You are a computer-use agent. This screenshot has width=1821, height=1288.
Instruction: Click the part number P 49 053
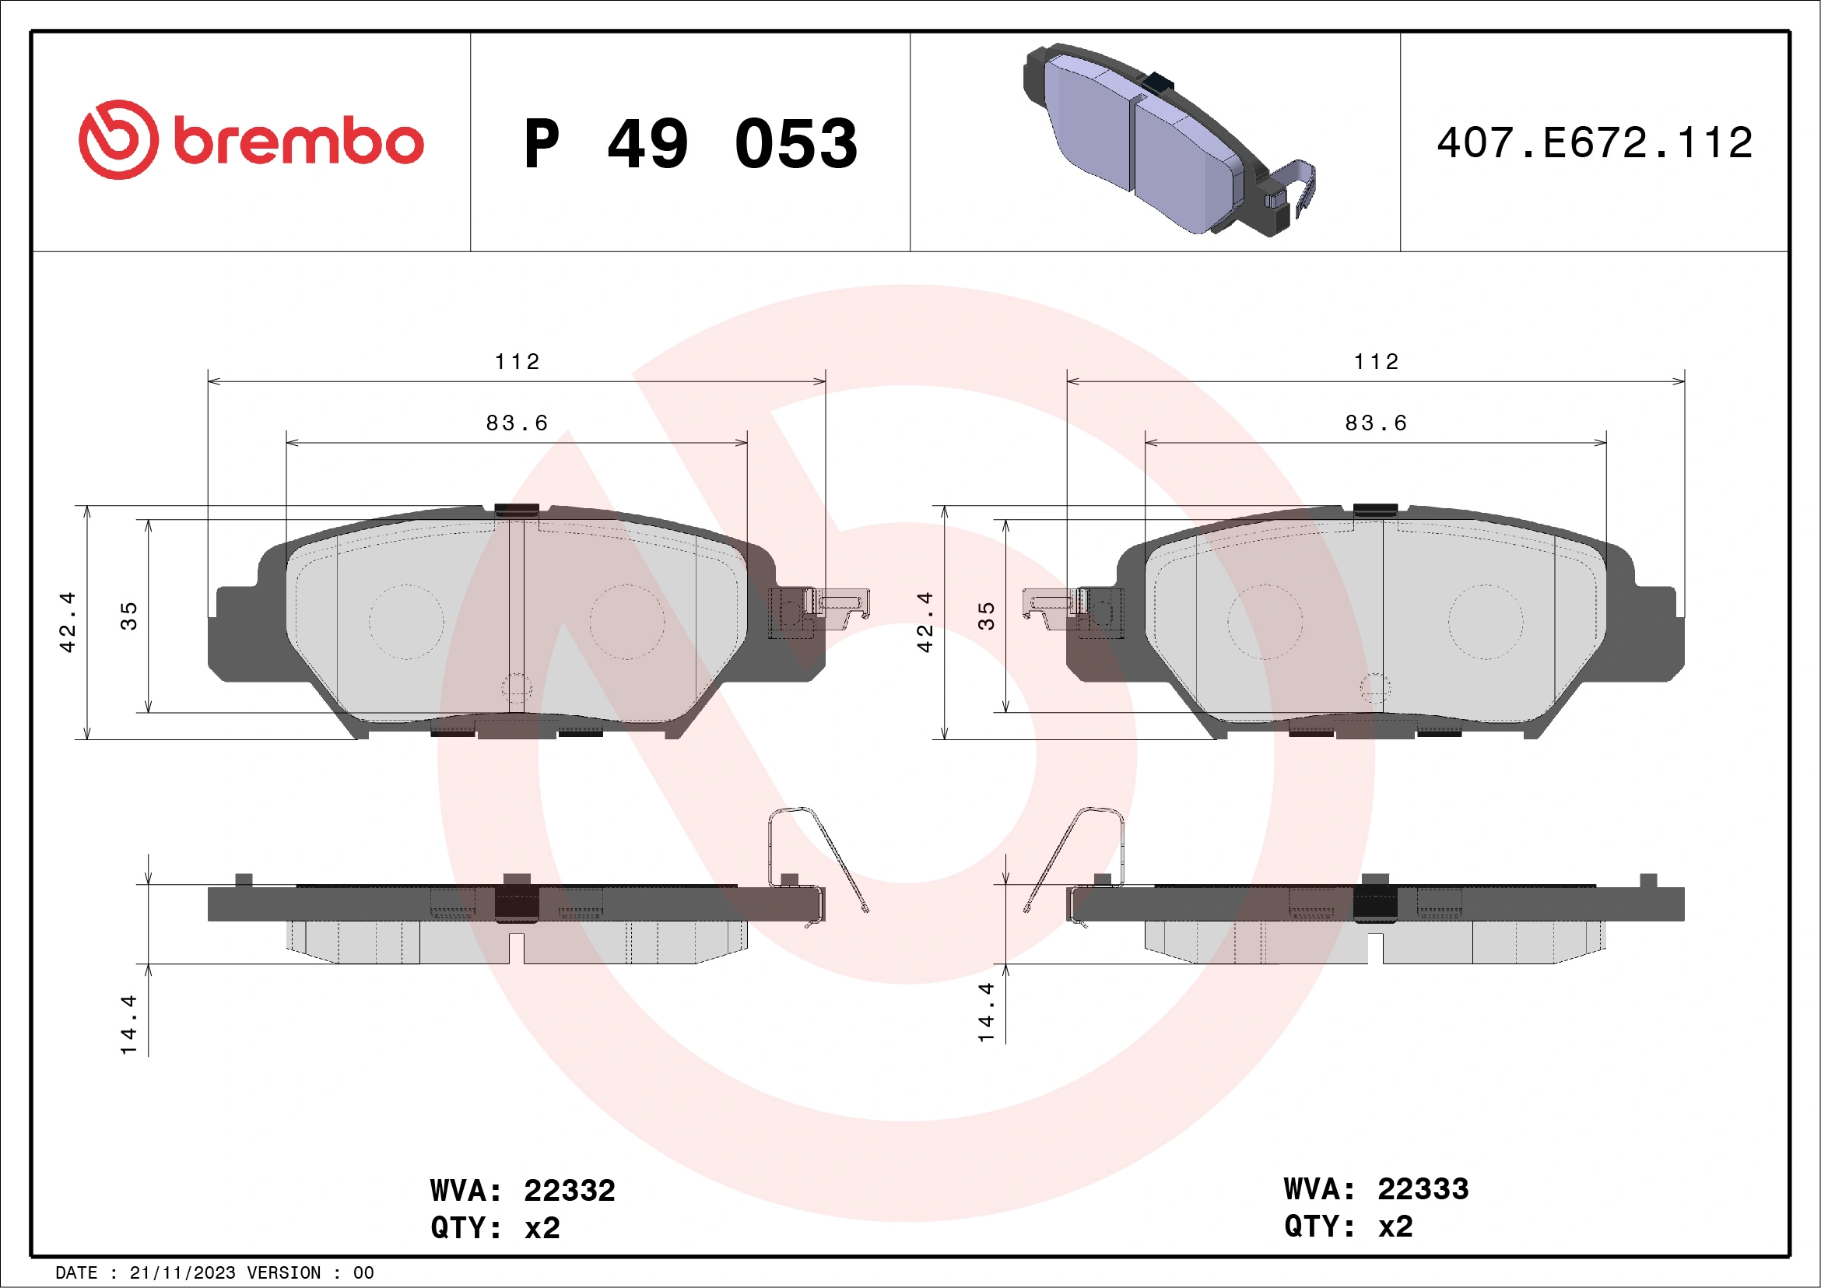coord(690,144)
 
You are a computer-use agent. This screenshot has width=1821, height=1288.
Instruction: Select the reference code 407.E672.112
coord(1595,143)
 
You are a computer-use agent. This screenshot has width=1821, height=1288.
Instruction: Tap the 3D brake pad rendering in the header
coord(1166,141)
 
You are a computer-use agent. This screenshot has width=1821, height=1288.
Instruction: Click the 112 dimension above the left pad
coord(517,363)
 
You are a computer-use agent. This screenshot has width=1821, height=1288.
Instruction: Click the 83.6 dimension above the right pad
coord(1376,423)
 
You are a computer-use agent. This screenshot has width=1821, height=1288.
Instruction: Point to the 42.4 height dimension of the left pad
coord(68,622)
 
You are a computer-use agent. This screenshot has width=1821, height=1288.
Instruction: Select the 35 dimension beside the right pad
coord(986,616)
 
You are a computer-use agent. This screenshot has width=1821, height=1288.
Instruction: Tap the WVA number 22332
coord(569,1191)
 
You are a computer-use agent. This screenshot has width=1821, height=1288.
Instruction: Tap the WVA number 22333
coord(1423,1189)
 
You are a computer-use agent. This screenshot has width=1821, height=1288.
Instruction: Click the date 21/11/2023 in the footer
coord(182,1273)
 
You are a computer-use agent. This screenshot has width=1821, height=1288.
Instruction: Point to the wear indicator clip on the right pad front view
coord(1054,606)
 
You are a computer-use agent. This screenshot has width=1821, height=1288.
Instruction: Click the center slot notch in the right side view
coord(1375,948)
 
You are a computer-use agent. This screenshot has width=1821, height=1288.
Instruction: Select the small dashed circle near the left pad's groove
coord(516,688)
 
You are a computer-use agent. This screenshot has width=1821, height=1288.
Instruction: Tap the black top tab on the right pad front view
coord(1375,509)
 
